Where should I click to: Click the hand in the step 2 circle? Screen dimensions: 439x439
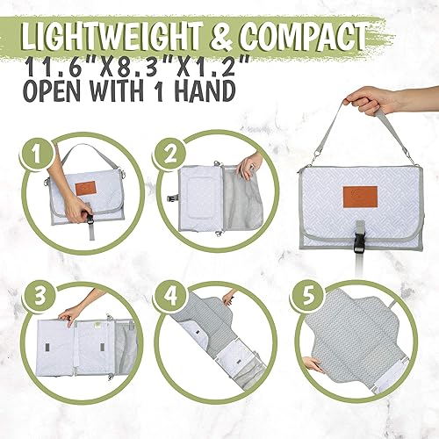248,164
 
